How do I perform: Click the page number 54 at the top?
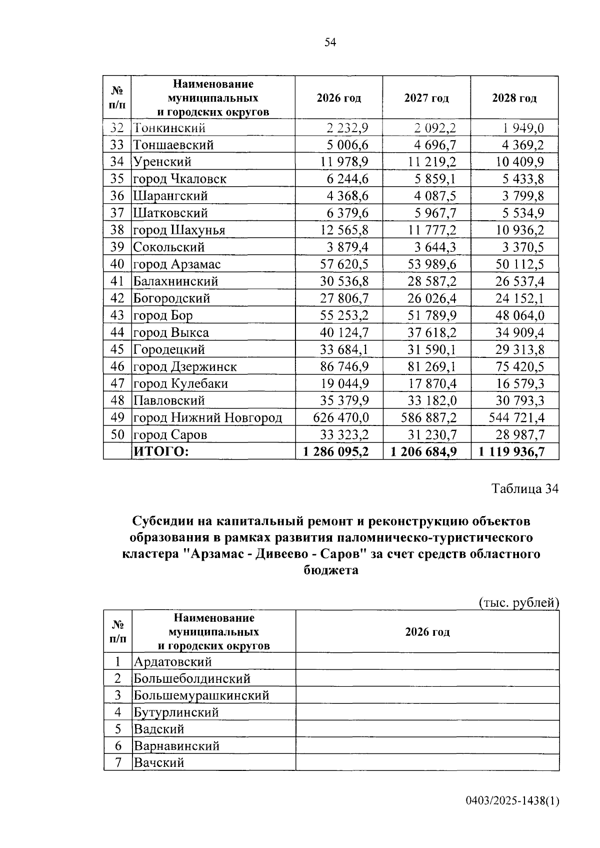(x=330, y=43)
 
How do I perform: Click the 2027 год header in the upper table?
(x=426, y=98)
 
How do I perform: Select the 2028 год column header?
(x=514, y=98)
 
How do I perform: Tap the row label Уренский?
(x=162, y=162)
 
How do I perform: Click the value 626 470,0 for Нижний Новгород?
(x=341, y=417)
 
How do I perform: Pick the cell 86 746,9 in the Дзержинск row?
(x=344, y=366)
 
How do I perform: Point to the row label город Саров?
(x=170, y=435)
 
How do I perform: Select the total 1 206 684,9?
(x=424, y=452)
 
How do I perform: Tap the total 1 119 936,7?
(x=511, y=452)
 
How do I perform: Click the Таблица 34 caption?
(x=525, y=489)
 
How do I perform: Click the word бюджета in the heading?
(x=331, y=570)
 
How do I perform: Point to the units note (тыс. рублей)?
(x=518, y=603)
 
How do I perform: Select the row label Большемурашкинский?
(x=201, y=695)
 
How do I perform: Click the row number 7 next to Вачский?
(x=117, y=763)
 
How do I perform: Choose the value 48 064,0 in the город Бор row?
(x=520, y=315)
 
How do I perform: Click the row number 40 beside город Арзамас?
(x=117, y=264)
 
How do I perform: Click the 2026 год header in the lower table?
(x=427, y=632)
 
